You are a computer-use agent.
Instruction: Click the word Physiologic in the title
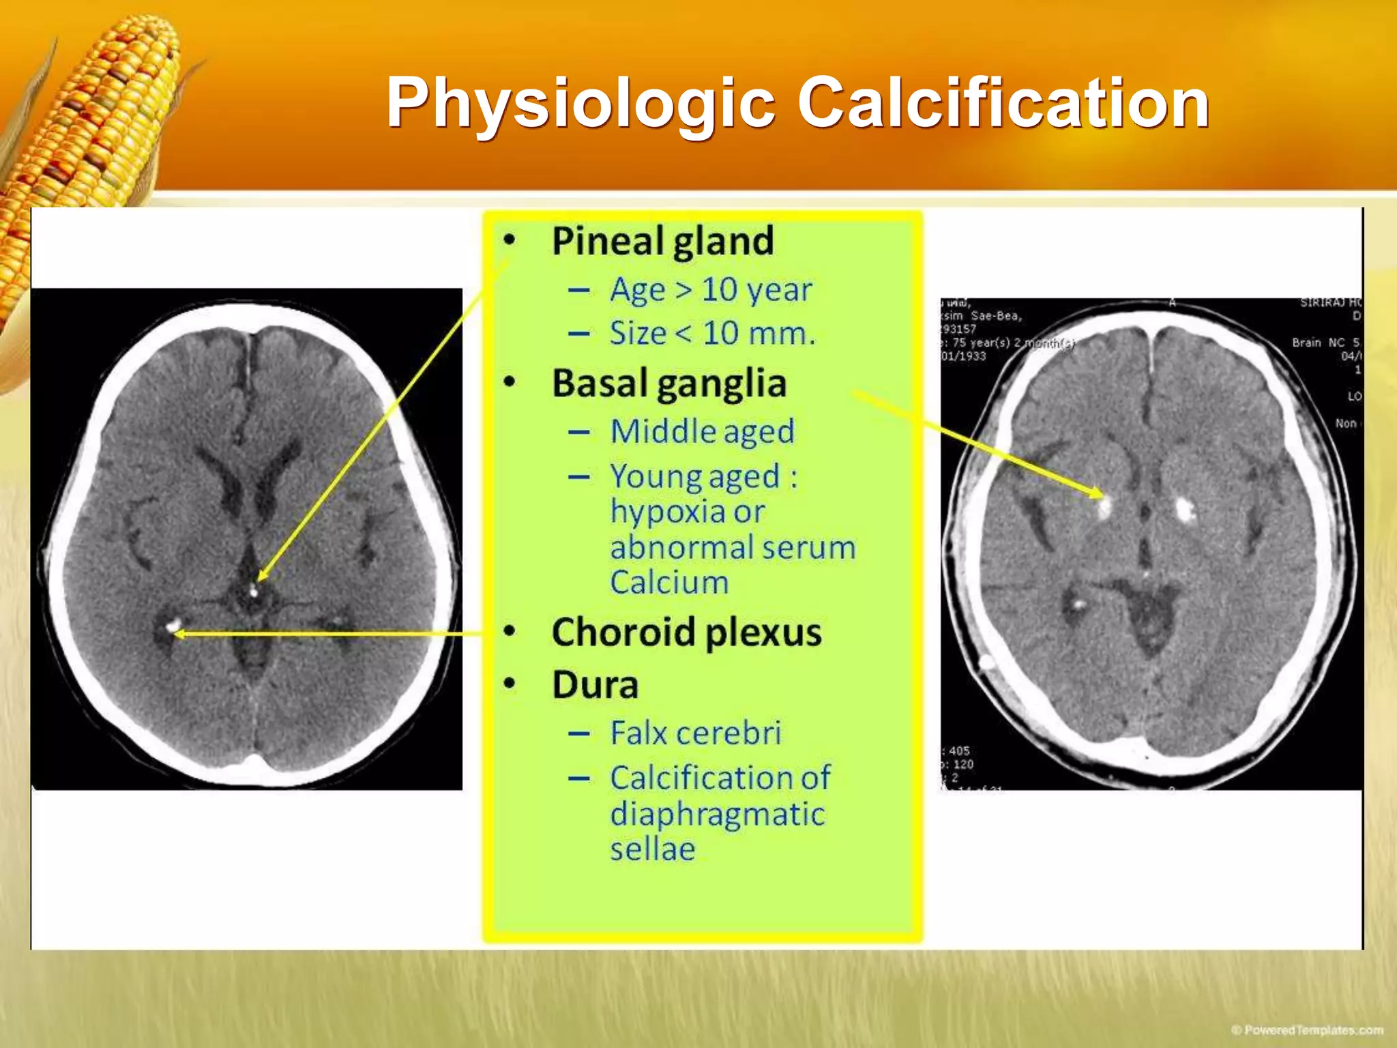point(580,104)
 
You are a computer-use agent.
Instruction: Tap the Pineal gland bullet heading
point(662,241)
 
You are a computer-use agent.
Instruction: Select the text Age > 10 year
point(710,290)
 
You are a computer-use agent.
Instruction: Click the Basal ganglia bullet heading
point(668,383)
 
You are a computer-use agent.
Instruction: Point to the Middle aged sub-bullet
point(702,431)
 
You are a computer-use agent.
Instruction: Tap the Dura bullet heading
point(595,684)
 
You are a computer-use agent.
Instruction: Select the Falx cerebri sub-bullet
point(695,733)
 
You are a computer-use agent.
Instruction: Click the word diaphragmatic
point(717,814)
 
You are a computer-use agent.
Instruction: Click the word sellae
point(652,849)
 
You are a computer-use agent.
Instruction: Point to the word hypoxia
point(660,512)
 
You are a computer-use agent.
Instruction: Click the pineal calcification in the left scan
point(254,591)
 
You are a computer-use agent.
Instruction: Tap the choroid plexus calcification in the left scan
point(173,624)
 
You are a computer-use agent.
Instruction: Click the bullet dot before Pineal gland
point(510,240)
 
